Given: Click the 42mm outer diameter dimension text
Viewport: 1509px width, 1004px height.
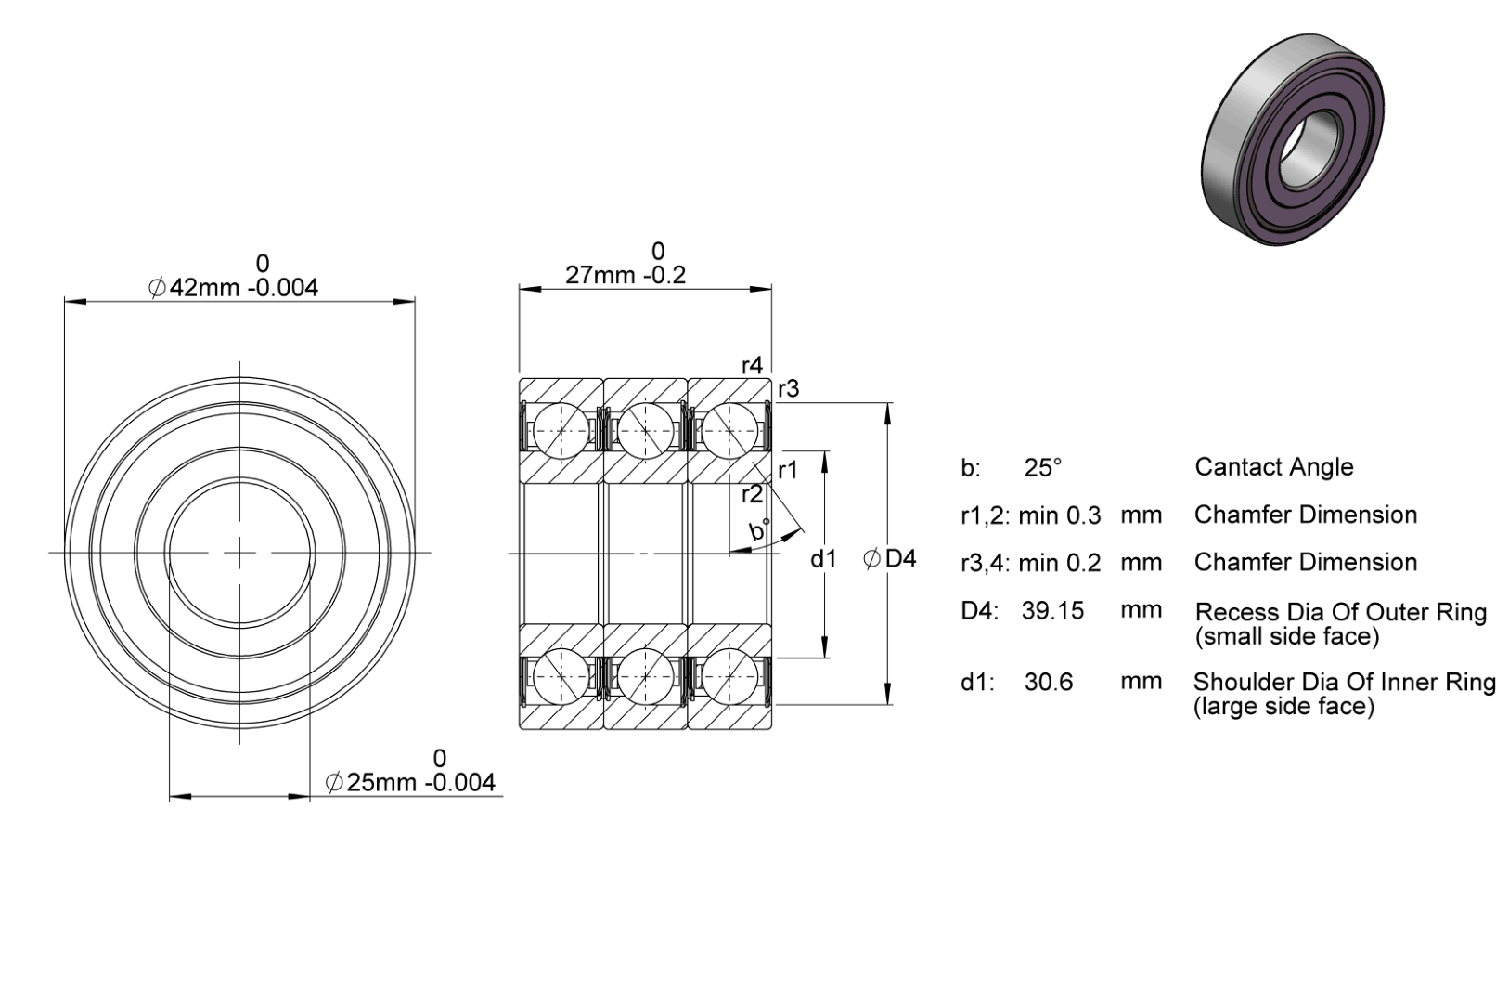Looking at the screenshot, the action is tap(233, 288).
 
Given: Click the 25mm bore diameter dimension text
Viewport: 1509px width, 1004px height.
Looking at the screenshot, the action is tap(410, 783).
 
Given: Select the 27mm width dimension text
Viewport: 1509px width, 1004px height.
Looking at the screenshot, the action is tap(626, 275).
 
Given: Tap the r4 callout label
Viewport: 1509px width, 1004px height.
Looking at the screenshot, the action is tap(752, 365).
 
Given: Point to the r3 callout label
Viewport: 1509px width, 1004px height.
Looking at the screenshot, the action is tap(788, 388).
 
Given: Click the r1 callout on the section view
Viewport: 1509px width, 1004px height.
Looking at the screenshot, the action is tap(788, 471).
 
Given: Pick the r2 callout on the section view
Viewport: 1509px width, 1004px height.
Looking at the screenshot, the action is tap(752, 494).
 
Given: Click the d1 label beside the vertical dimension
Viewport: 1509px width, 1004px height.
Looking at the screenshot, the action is tap(823, 558).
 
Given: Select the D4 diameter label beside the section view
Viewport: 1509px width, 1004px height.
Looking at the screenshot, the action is tap(889, 558).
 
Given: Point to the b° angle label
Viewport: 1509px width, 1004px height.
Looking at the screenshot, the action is tap(759, 530).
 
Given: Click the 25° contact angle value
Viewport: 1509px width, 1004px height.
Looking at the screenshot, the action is tap(1042, 467).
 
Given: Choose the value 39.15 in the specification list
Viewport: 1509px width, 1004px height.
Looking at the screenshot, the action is tap(1052, 610).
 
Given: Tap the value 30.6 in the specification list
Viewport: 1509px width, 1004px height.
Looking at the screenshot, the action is tap(1048, 682).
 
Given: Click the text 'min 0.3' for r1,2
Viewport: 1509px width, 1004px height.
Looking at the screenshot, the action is tap(1059, 515).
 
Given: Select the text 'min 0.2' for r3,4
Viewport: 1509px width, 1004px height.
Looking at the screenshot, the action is tap(1059, 562).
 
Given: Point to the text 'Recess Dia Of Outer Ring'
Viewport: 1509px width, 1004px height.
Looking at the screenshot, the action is tap(1341, 611).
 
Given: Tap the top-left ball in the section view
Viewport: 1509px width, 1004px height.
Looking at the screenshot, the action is tap(561, 432).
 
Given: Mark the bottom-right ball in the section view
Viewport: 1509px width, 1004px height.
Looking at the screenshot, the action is tap(729, 676).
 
